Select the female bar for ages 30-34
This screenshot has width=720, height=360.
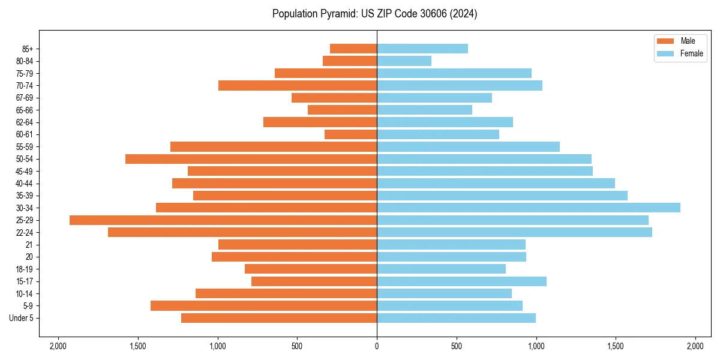coord(528,208)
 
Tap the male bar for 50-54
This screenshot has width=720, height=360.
coord(251,159)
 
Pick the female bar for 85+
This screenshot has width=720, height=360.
coord(422,49)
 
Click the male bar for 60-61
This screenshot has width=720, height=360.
coord(350,134)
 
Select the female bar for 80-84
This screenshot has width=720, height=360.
coord(404,61)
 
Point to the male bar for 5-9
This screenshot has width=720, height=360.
coord(263,305)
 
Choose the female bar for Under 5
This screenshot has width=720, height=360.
coord(456,318)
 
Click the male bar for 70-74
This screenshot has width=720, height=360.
coord(298,85)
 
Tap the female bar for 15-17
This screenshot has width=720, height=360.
coord(461,281)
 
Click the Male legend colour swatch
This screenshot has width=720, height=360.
coord(665,41)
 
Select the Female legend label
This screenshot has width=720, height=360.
coord(691,53)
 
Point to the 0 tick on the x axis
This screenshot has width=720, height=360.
coord(377,346)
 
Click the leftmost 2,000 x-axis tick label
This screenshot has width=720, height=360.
coord(58,346)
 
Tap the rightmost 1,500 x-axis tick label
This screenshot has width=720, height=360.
coord(616,346)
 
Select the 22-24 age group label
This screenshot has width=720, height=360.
coord(25,233)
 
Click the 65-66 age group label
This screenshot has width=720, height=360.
coord(25,110)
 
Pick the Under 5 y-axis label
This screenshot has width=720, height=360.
coord(21,318)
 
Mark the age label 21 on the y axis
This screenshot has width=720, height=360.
coord(29,245)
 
